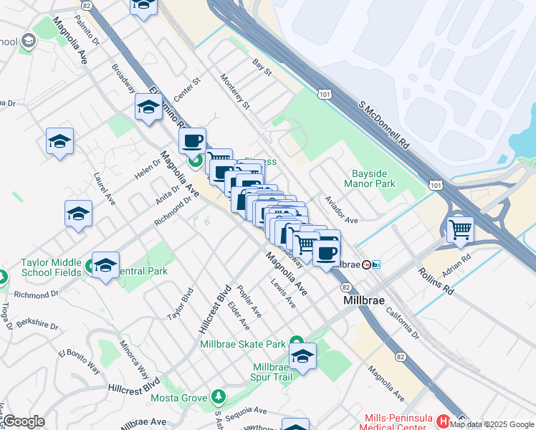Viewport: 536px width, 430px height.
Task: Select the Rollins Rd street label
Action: coord(437,281)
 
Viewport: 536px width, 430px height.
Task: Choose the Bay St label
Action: coord(262,68)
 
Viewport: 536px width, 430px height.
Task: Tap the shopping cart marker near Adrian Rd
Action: coord(460,230)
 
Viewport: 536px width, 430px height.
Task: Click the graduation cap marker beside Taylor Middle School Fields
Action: coord(105,265)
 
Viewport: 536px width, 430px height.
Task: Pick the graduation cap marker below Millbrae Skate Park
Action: coord(302,357)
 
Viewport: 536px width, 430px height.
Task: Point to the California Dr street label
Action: coord(402,324)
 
